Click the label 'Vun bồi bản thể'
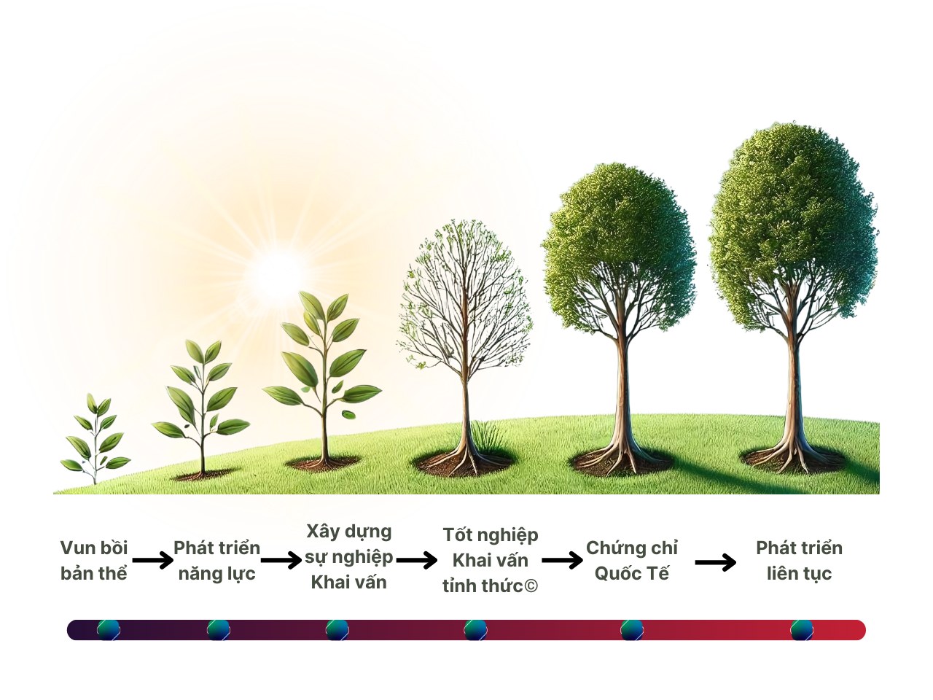94,561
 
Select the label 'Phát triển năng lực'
216,561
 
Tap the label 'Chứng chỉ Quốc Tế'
632,561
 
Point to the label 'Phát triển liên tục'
799,561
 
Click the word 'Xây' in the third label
323,532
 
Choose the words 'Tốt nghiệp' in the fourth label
491,535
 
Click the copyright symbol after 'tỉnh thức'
531,586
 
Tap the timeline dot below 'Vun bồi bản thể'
109,629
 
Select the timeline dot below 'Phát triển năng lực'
218,629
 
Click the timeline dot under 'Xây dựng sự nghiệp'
337,629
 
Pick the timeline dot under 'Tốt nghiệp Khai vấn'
475,629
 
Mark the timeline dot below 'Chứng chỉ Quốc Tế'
632,629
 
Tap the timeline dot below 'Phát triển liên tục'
802,629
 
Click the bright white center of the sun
278,276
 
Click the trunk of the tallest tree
793,394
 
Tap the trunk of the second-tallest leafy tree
622,394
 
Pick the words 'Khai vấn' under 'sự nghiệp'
348,583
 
